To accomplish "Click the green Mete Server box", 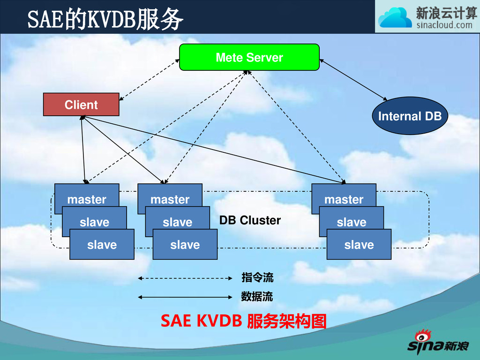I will point(249,57).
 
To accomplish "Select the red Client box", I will point(81,105).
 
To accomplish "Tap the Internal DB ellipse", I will point(410,116).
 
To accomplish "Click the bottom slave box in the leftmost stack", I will point(102,245).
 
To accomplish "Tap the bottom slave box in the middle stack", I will point(185,245).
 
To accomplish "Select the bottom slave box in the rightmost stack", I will point(359,245).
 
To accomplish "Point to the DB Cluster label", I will point(250,220).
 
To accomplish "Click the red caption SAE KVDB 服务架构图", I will point(243,322).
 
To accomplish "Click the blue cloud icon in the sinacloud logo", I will point(395,18).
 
